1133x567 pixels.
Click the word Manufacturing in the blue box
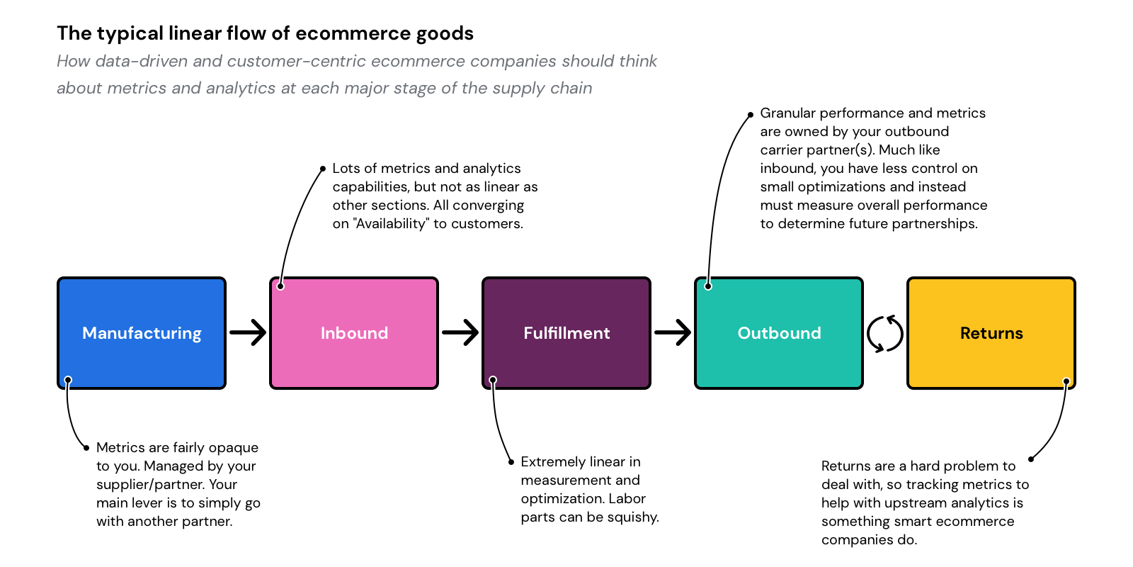tap(142, 333)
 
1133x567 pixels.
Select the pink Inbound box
tap(354, 354)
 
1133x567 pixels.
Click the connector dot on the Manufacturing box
tap(68, 381)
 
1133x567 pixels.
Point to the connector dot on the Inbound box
tap(280, 286)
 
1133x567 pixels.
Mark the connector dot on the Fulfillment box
tap(493, 381)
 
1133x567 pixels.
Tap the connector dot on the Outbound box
tap(708, 286)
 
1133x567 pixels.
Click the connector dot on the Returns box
tap(1066, 381)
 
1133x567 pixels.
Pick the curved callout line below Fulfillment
tap(498, 425)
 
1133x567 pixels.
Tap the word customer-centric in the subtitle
tap(297, 62)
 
